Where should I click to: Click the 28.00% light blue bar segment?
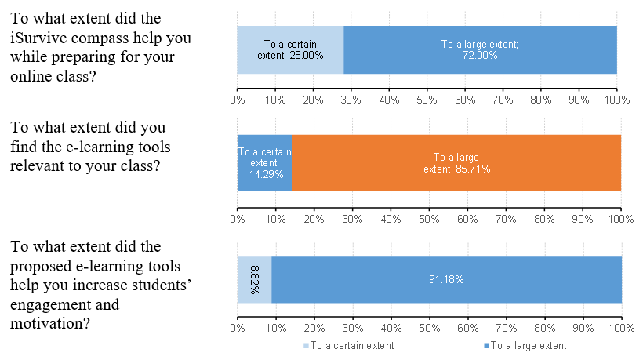290,49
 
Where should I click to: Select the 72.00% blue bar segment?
480,49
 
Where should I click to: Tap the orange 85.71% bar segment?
456,162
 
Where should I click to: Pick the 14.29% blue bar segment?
264,162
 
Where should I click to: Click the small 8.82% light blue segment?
255,279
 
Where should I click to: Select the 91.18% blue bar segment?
447,279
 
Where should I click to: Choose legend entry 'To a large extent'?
527,345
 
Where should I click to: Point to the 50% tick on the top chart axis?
427,100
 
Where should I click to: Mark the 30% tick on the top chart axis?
351,100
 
